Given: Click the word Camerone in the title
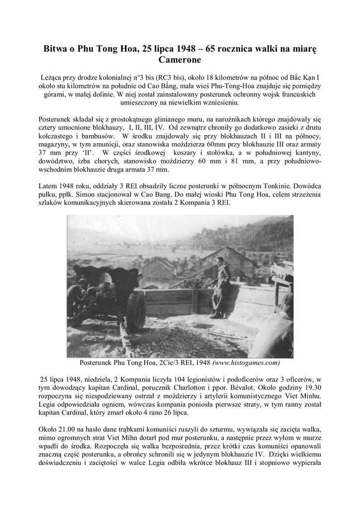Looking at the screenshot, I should click(180, 60).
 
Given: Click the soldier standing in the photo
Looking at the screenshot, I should click(220, 290).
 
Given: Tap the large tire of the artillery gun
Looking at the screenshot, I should click(135, 311).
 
